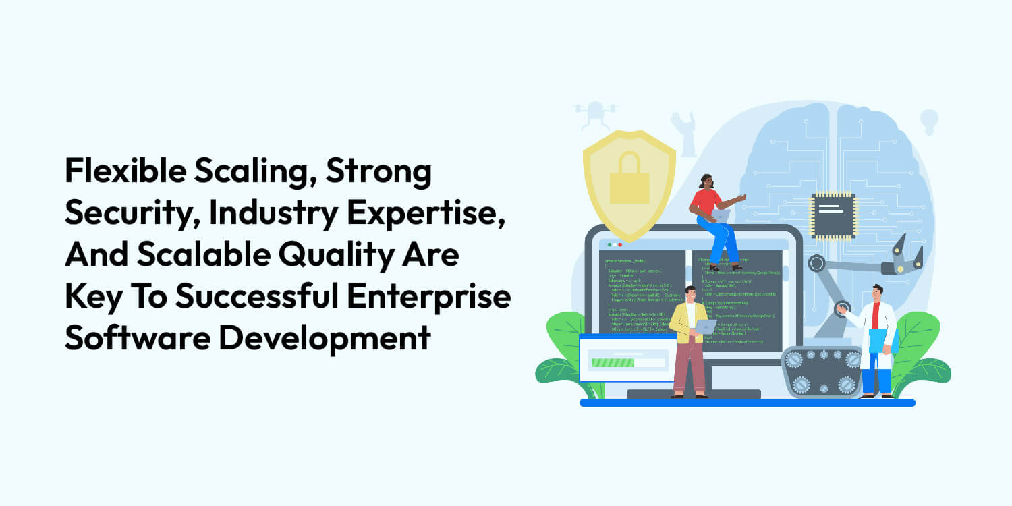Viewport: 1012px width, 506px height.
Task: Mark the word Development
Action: coord(325,338)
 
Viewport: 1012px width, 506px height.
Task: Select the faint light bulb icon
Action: coord(929,121)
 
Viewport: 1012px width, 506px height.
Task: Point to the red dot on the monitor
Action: coord(619,244)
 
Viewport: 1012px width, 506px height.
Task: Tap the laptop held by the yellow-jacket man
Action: coord(706,327)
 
